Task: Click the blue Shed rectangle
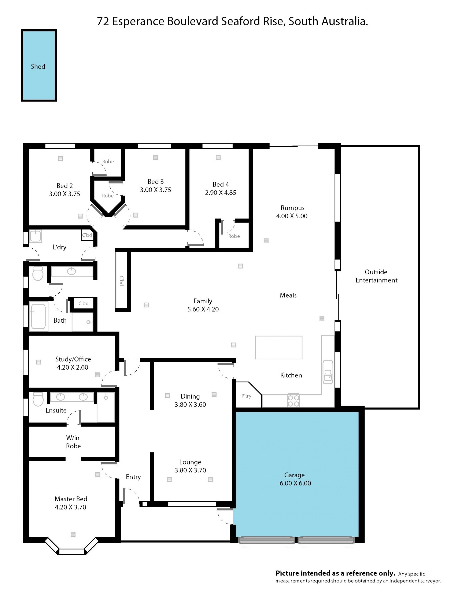pos(39,65)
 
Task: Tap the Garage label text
pos(294,475)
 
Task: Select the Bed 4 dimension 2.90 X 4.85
pos(221,193)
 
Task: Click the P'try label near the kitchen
pos(246,396)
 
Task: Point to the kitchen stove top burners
pos(293,401)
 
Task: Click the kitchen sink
pos(328,372)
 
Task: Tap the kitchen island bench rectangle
pos(279,347)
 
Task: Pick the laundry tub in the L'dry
pos(36,236)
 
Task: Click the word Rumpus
pos(292,208)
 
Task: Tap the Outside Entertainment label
pos(376,276)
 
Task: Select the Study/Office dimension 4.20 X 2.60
pos(73,367)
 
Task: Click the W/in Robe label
pos(73,442)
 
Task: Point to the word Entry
pos(133,477)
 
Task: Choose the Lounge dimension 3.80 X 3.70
pos(190,470)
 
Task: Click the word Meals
pos(288,295)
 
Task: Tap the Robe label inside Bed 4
pos(234,236)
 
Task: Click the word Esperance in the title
pos(138,21)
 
